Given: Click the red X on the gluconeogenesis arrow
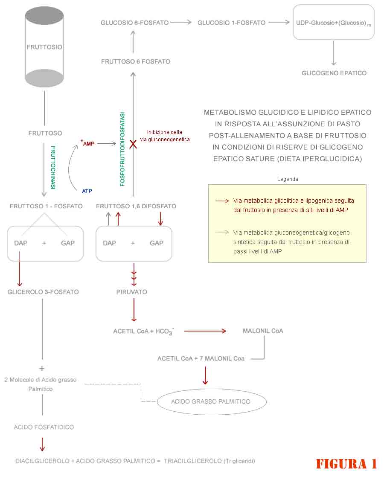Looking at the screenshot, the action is (133, 144).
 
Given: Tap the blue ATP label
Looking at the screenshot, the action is (87, 191).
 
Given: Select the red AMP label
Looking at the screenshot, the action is (88, 143).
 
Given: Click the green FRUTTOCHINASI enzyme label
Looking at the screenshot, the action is (53, 168).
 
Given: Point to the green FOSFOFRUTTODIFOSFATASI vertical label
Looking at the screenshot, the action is (122, 149).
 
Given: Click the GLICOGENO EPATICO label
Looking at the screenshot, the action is (334, 73).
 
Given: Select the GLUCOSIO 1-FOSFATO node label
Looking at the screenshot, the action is (231, 23).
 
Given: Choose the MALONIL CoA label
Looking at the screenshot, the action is (263, 331).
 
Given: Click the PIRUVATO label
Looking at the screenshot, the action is (131, 292).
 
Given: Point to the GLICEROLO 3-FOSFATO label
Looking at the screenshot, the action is (43, 292).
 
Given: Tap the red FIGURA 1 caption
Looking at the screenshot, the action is (346, 464).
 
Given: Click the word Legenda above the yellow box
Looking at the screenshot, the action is (288, 179).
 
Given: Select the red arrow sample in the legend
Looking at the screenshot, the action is (222, 201).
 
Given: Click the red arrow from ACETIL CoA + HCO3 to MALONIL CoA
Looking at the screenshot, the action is (205, 331).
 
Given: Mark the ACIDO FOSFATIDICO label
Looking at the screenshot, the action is (44, 428).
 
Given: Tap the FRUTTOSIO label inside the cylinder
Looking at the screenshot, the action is (44, 47).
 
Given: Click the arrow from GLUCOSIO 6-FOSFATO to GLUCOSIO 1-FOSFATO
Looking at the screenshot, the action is (181, 22).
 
